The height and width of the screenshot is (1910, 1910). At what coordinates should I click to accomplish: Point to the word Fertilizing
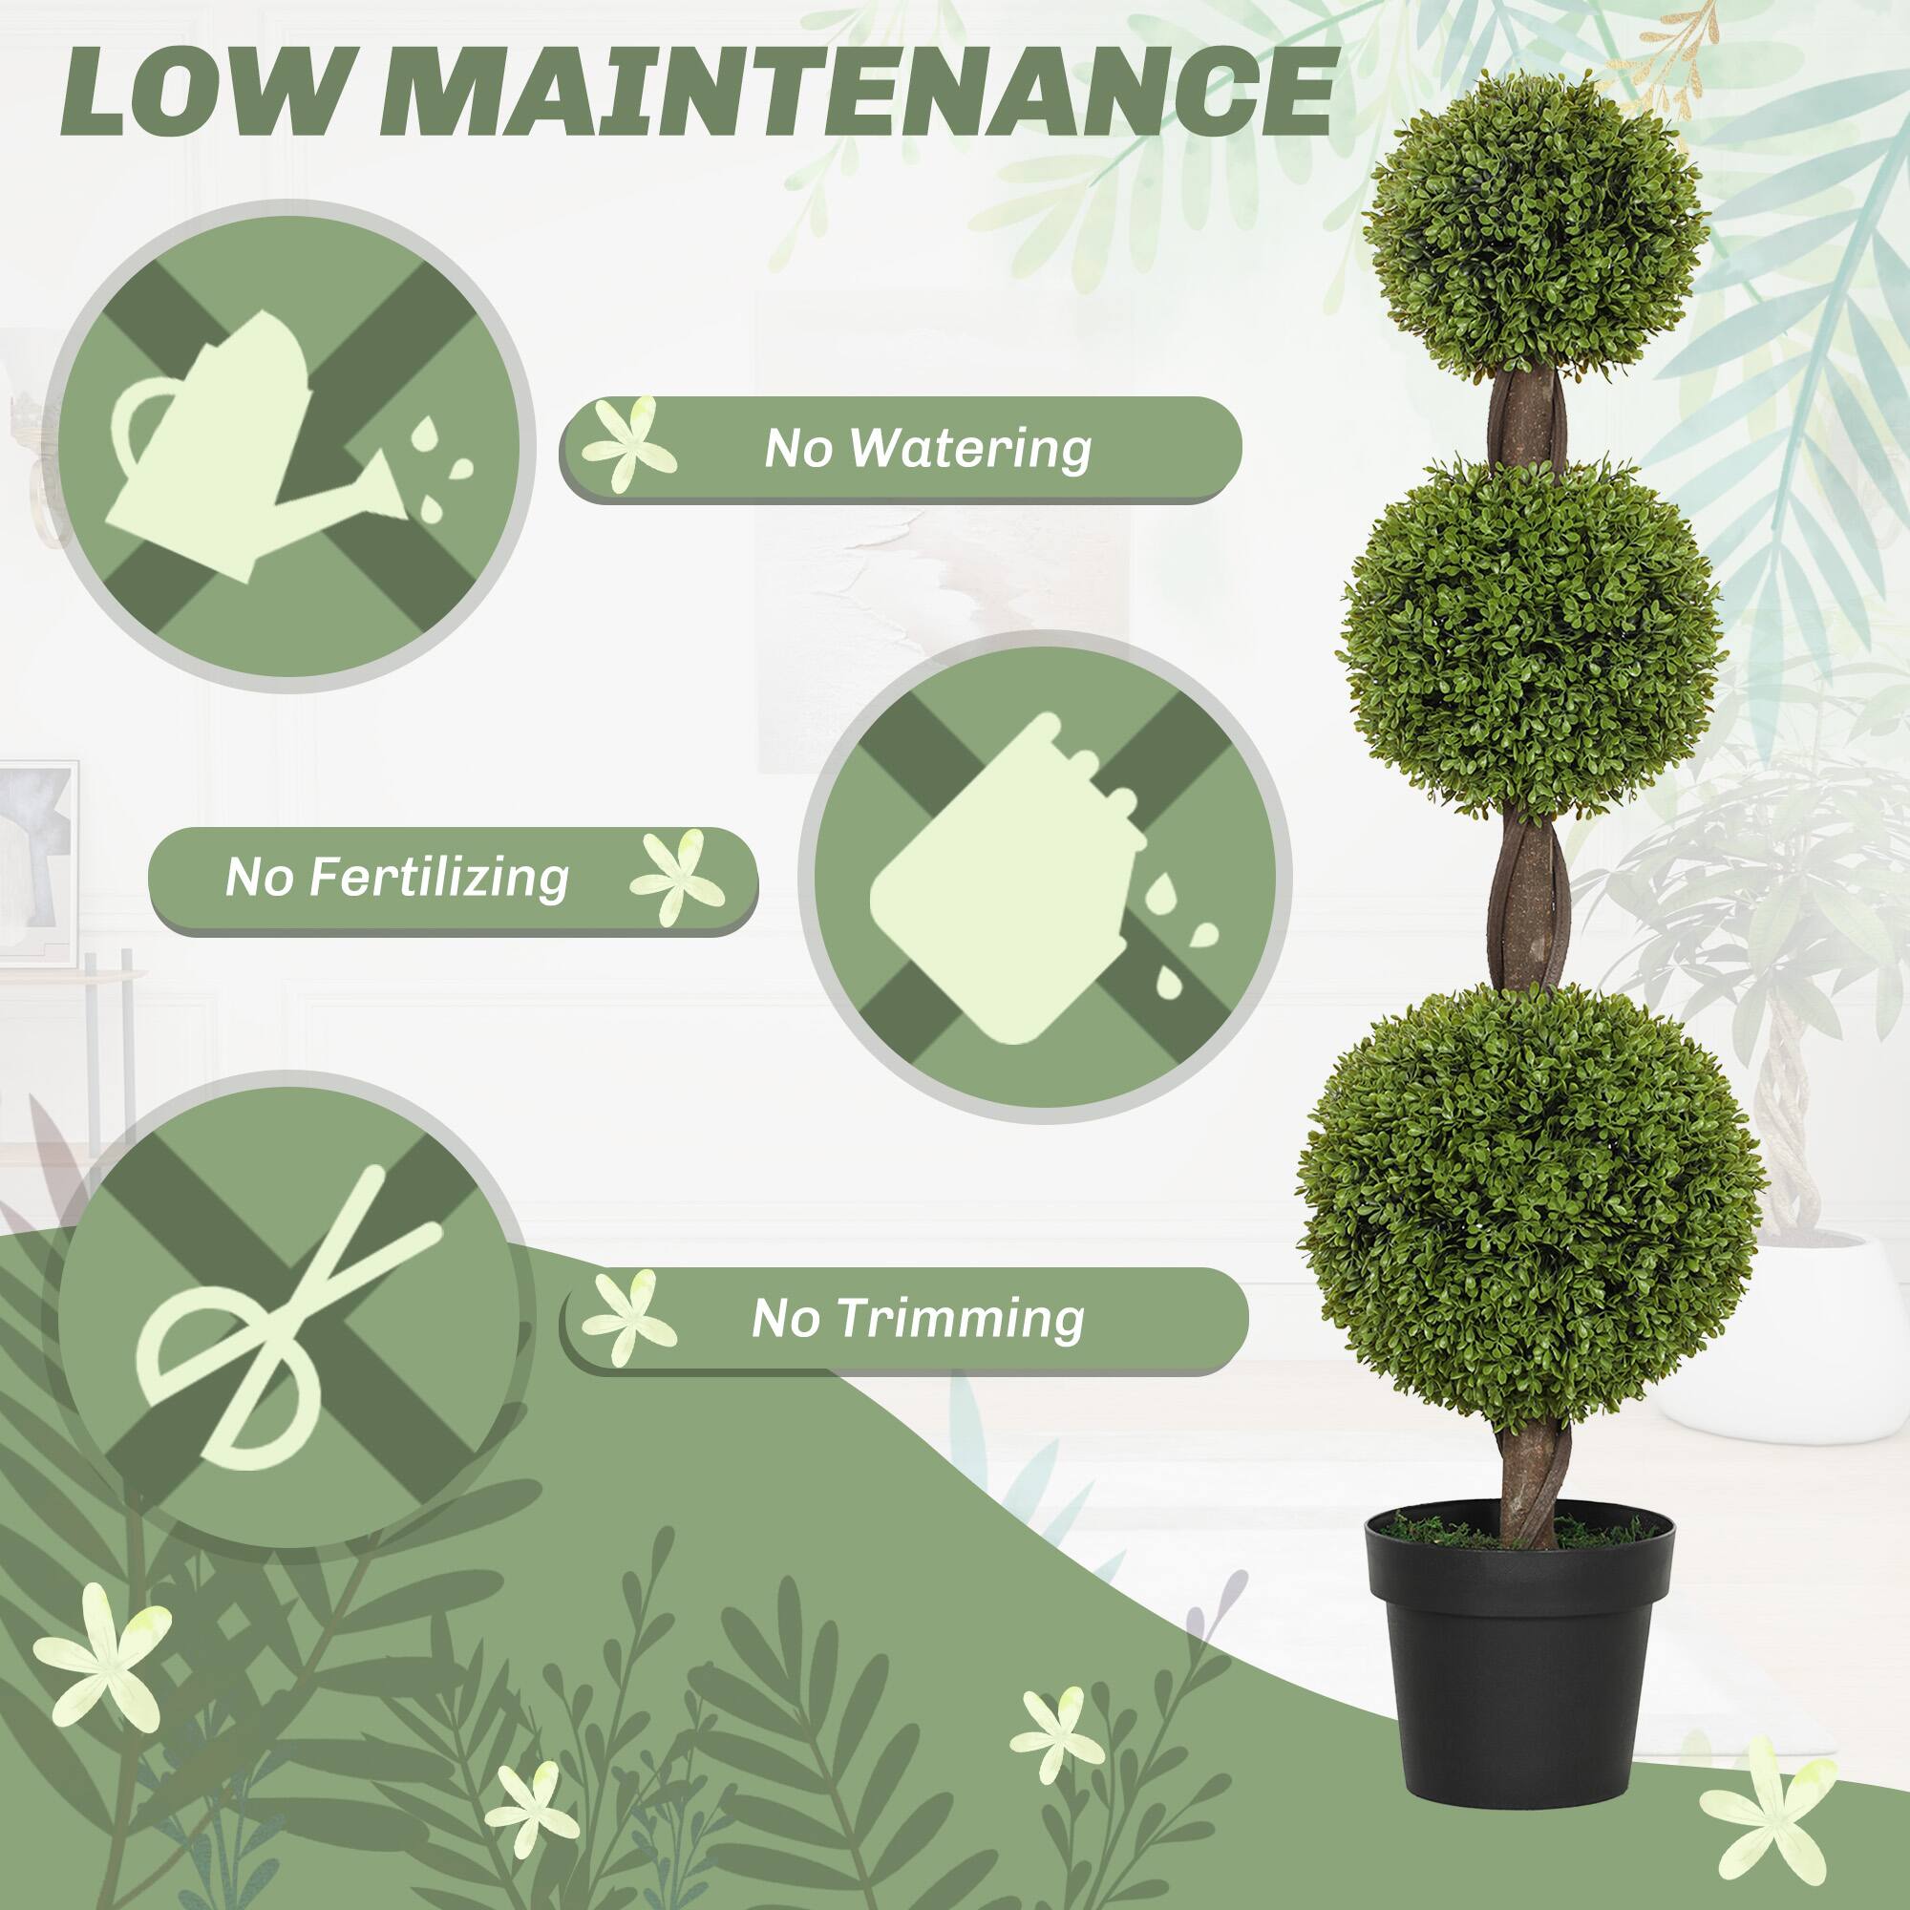pyautogui.click(x=439, y=878)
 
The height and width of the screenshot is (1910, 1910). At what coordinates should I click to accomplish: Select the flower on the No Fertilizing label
pyautogui.click(x=678, y=876)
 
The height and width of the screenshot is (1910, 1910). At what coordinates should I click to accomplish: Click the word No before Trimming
pyautogui.click(x=785, y=1320)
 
